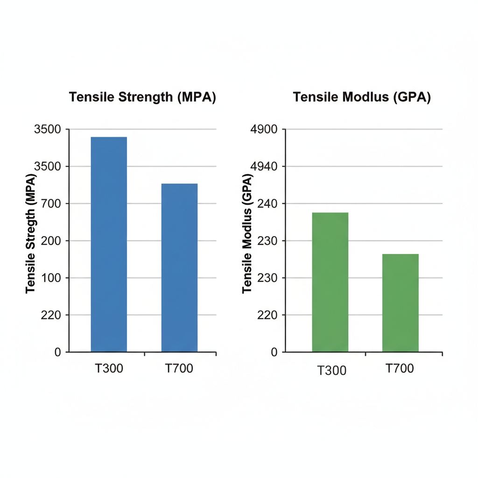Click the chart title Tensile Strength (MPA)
[142, 97]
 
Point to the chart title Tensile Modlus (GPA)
[362, 97]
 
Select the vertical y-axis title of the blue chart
[31, 233]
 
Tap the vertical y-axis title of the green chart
[247, 233]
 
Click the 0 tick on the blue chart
[58, 352]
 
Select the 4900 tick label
[265, 129]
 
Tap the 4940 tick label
[265, 167]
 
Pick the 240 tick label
[268, 204]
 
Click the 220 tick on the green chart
[268, 315]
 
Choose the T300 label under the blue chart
[109, 368]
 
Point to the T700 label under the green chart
[400, 368]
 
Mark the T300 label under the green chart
[332, 371]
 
